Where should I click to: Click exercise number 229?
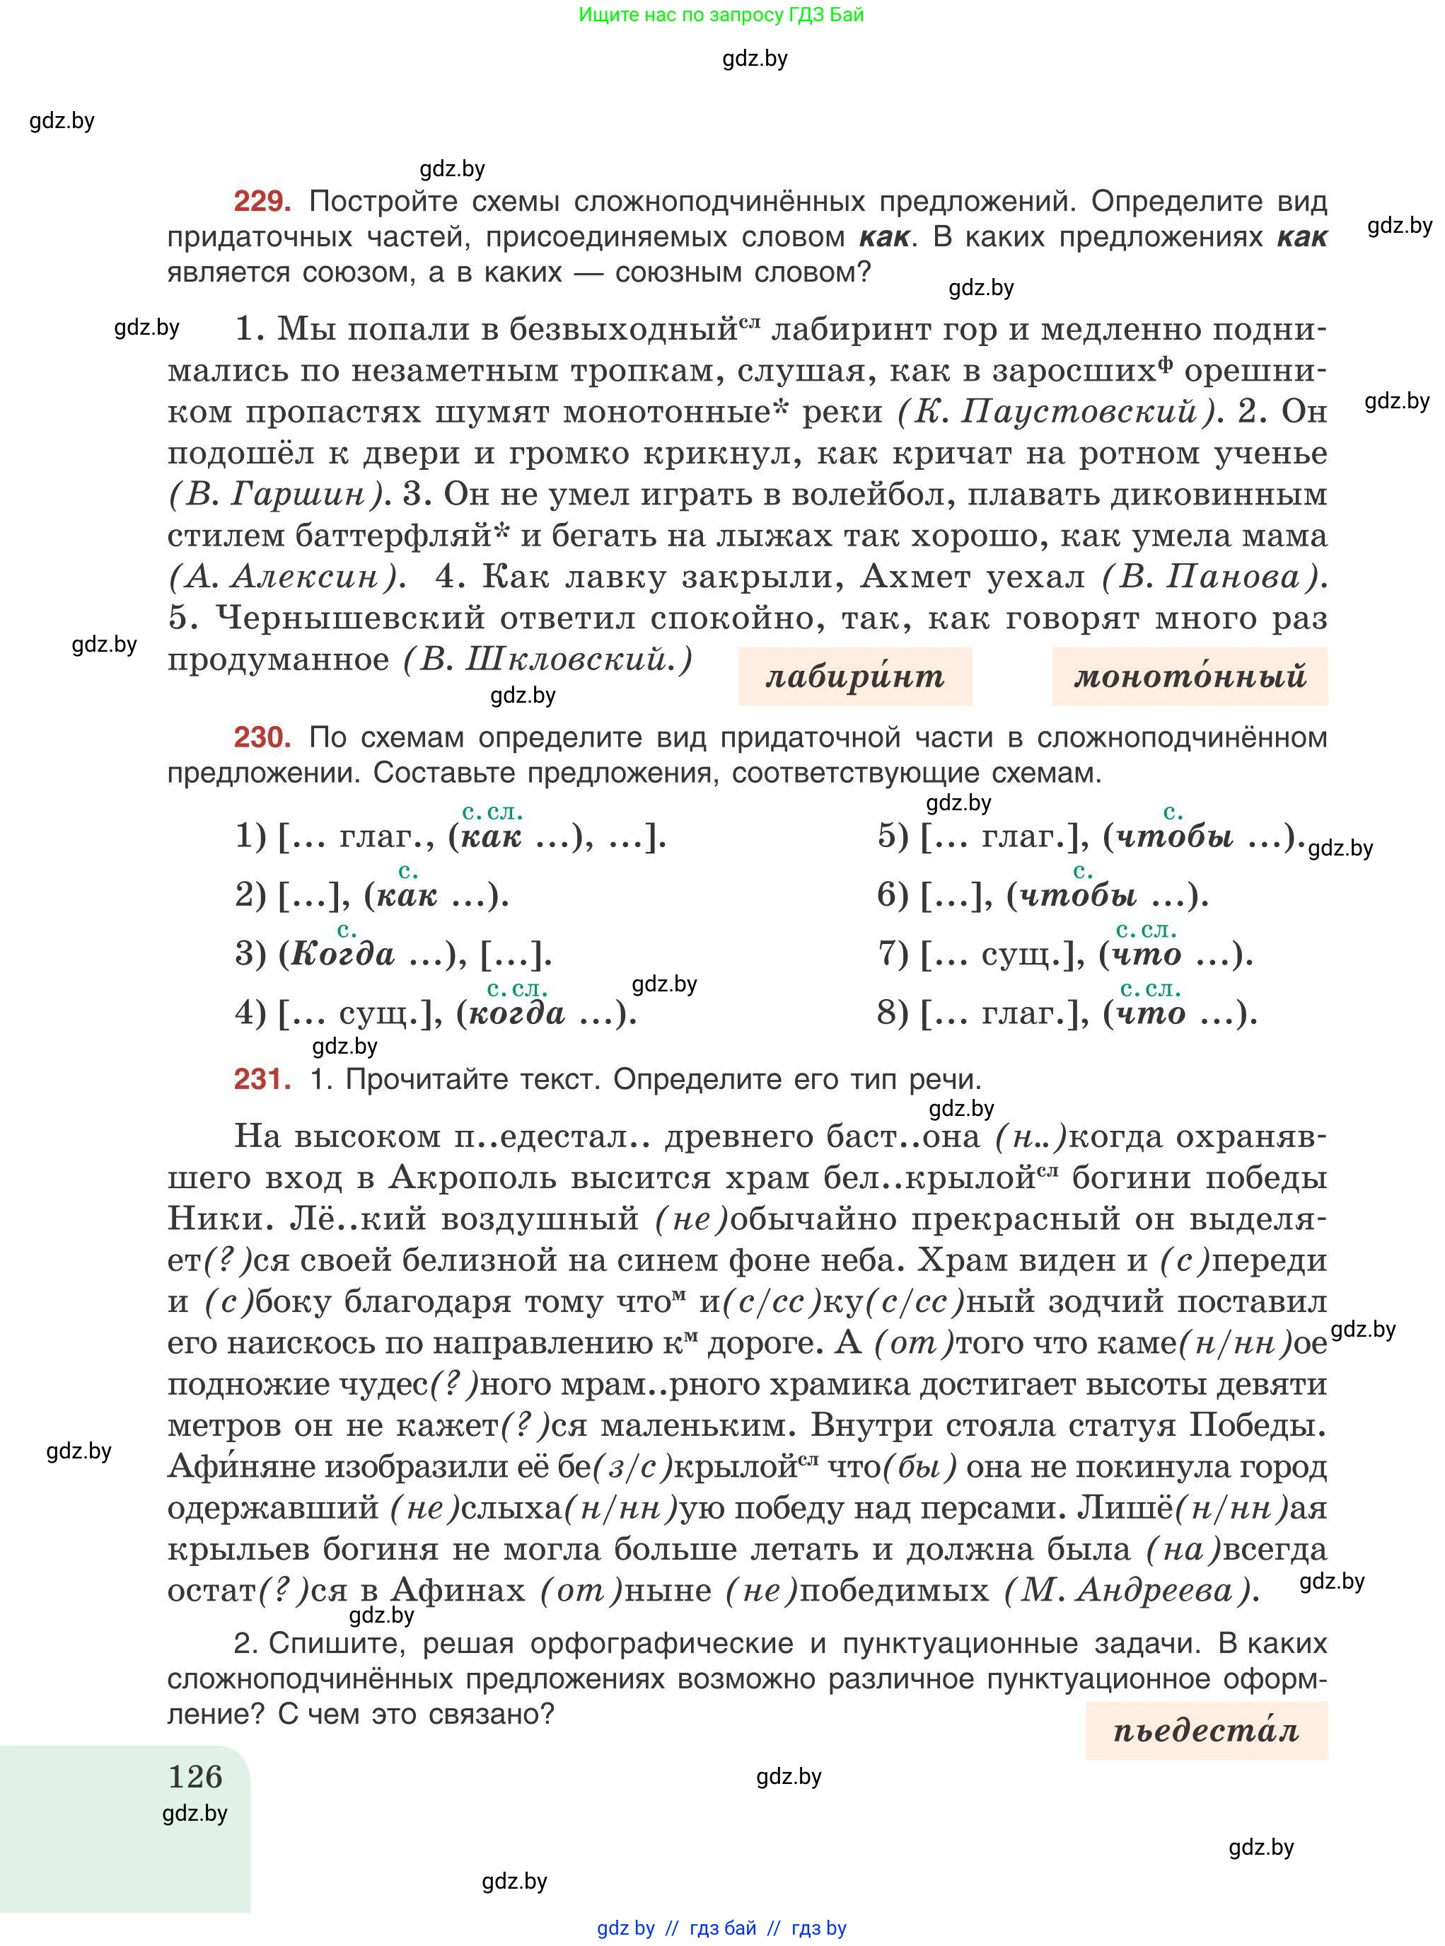click(262, 202)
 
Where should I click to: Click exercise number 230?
click(262, 737)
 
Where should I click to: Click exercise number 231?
click(262, 1079)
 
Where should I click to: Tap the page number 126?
click(195, 1776)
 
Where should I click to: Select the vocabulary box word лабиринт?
click(854, 677)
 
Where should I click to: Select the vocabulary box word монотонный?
click(1189, 677)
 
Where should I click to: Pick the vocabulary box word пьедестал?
click(1205, 1730)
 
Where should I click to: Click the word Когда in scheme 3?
click(342, 954)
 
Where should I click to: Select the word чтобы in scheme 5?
click(1176, 836)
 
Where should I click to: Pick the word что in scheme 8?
click(1151, 1013)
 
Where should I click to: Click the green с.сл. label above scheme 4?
click(516, 989)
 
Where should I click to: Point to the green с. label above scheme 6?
click(1083, 872)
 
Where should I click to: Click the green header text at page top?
click(721, 15)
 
